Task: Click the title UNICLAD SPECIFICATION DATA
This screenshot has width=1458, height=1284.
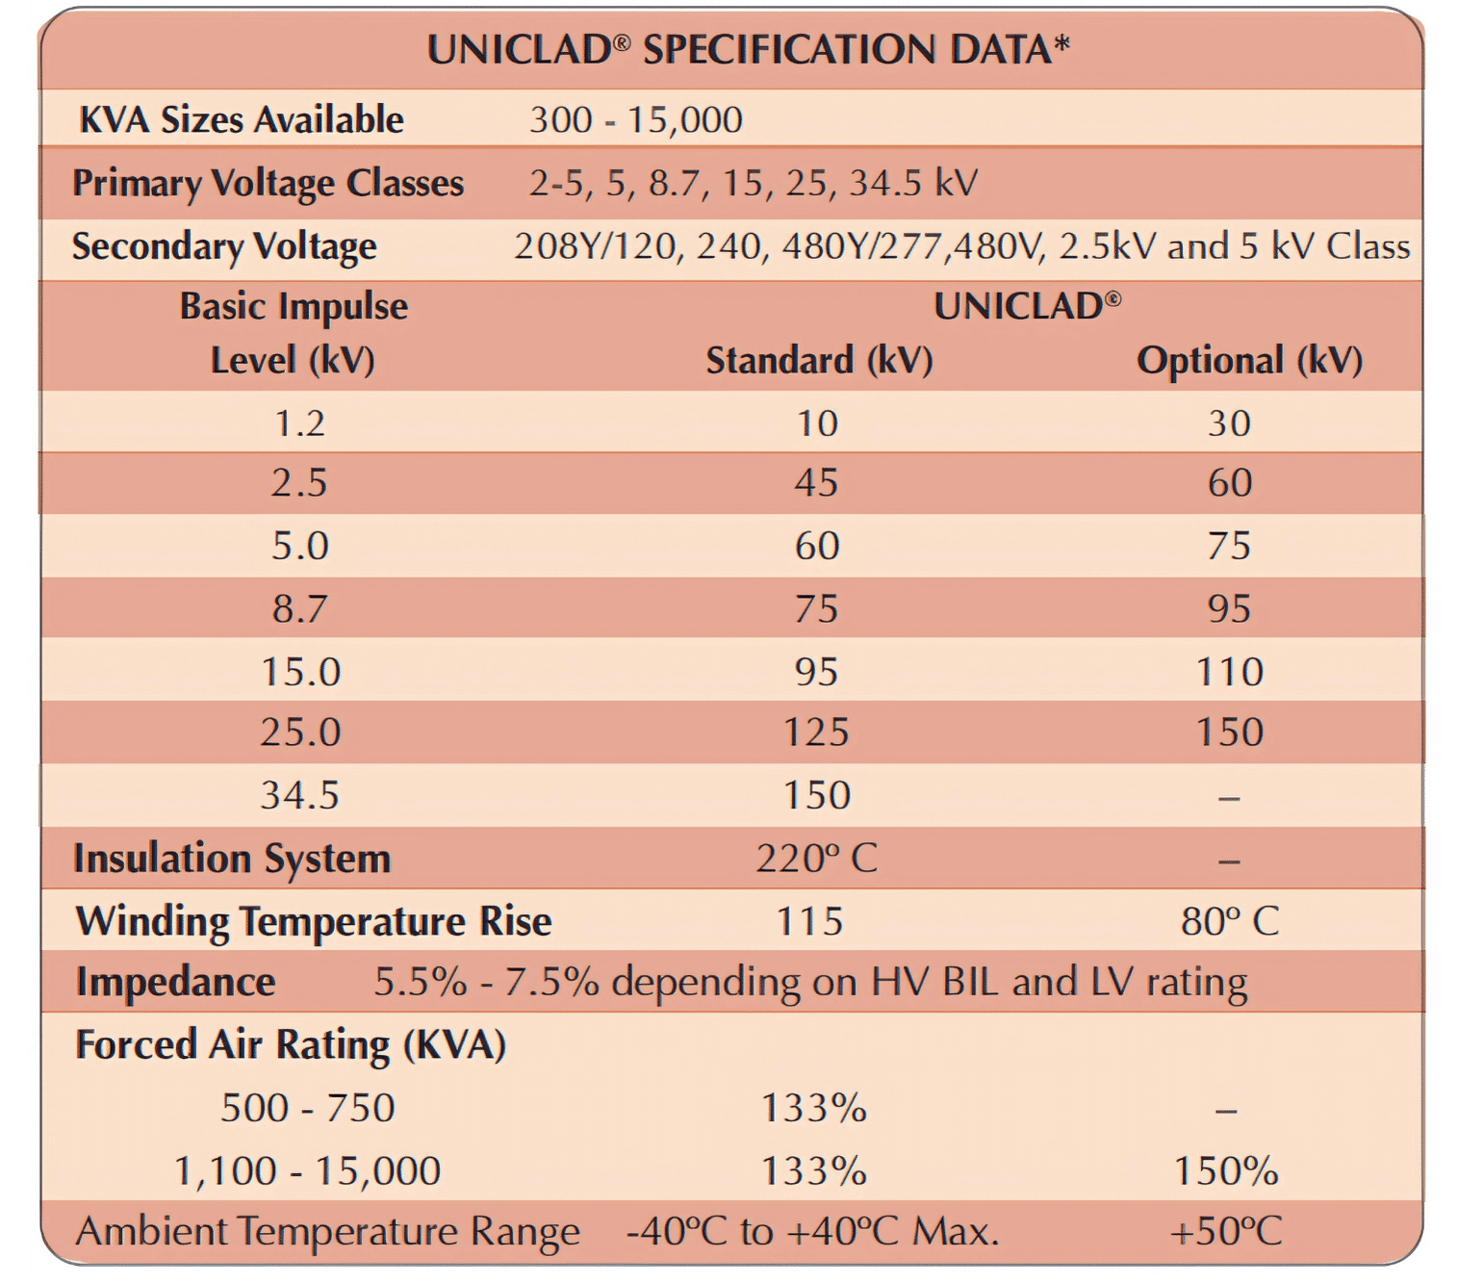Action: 748,50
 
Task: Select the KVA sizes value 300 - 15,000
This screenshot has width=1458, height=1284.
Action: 636,120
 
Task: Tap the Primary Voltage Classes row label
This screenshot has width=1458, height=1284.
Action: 269,183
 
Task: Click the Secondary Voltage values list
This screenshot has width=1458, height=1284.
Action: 961,246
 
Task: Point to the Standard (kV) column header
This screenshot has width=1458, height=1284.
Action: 819,361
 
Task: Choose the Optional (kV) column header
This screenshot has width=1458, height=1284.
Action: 1249,361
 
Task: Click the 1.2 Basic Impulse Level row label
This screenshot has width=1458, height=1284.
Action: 299,424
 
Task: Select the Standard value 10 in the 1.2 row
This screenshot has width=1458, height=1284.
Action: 817,424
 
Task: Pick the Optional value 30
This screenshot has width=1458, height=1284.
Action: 1229,424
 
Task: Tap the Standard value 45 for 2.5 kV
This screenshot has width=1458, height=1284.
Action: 816,482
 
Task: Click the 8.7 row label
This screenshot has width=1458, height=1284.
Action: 299,608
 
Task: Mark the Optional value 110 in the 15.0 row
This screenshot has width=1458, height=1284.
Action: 1229,671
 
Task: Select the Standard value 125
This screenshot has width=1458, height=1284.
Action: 816,732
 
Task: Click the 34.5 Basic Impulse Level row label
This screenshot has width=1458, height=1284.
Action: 299,795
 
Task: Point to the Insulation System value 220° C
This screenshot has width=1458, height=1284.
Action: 816,858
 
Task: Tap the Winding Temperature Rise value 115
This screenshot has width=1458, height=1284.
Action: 809,921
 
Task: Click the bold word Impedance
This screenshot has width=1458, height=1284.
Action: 176,983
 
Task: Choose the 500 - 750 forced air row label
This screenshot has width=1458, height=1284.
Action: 307,1108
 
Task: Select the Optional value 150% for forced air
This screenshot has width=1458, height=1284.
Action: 1226,1171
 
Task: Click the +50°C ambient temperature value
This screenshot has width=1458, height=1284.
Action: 1226,1231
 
